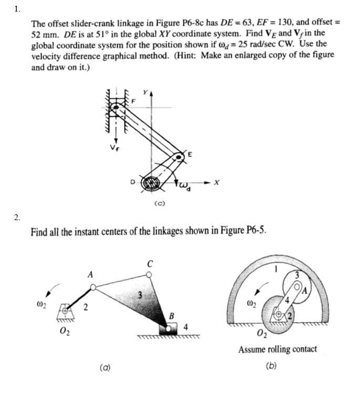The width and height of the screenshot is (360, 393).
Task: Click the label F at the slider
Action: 133,101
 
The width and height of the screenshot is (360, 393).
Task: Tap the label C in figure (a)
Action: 150,264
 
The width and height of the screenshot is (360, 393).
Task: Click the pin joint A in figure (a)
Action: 92,287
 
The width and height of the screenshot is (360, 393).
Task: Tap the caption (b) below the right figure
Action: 271,367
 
